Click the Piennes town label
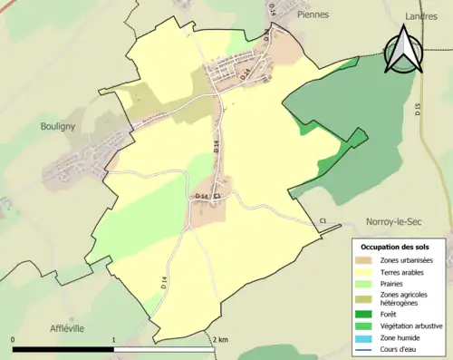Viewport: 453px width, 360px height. coord(311,15)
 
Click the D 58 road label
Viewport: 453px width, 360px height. coord(202,196)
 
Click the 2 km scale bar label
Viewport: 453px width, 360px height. coord(221,339)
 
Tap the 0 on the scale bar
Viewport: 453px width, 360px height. coord(14,339)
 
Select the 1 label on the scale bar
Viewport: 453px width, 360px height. coord(114,339)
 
